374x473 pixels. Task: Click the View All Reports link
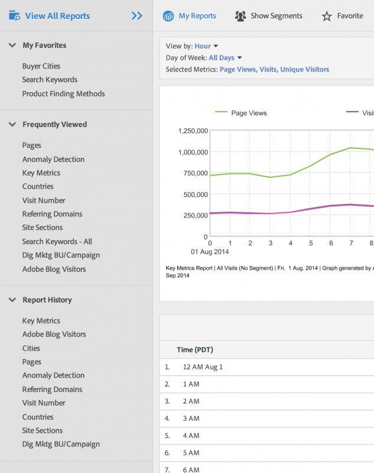57,16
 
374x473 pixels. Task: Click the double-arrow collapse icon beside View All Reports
137,16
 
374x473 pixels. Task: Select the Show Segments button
269,16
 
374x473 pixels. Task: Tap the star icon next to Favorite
327,17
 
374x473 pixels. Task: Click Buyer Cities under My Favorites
41,66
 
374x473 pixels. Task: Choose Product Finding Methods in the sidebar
63,93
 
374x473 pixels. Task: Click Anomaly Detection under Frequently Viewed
53,159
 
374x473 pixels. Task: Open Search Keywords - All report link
57,241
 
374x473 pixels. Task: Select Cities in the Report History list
31,348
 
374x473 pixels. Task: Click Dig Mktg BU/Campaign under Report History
61,444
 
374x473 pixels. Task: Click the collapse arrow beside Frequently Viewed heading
12,124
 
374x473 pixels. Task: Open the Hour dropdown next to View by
206,46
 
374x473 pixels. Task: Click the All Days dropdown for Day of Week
225,58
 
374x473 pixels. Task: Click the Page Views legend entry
248,113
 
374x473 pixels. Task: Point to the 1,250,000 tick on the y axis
193,131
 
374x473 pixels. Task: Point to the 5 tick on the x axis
311,243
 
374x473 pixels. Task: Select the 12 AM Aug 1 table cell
203,367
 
